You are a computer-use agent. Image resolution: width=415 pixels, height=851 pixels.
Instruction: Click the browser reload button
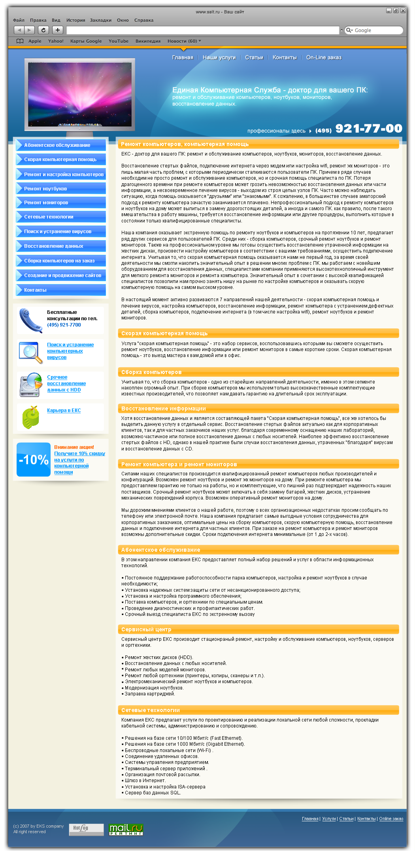pos(43,30)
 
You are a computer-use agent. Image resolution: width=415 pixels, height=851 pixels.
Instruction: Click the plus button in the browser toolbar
pos(58,30)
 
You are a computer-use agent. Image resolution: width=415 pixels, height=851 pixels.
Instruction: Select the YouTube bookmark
pos(119,41)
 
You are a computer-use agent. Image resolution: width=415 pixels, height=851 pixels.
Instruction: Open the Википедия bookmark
pos(148,41)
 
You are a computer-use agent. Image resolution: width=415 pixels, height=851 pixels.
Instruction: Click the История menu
pos(75,20)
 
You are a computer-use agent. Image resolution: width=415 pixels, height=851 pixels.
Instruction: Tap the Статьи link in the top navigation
pos(254,57)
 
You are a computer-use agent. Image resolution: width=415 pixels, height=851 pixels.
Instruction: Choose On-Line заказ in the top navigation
pos(324,57)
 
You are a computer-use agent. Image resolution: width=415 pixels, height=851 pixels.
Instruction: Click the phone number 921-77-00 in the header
pos(368,129)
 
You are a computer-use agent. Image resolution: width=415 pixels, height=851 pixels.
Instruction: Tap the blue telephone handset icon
pos(31,320)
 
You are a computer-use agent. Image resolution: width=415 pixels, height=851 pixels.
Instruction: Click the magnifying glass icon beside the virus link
pos(31,352)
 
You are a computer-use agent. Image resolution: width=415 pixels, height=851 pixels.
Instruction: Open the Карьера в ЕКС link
pos(64,410)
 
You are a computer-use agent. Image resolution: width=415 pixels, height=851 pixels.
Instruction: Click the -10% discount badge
pos(34,460)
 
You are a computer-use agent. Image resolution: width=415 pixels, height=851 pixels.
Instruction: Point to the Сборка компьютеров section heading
pos(151,372)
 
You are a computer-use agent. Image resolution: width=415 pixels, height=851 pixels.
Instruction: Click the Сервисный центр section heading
pos(146,629)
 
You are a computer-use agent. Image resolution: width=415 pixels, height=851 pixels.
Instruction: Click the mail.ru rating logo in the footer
pos(126,829)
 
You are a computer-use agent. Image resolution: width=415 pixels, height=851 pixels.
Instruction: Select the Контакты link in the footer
pos(366,819)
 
